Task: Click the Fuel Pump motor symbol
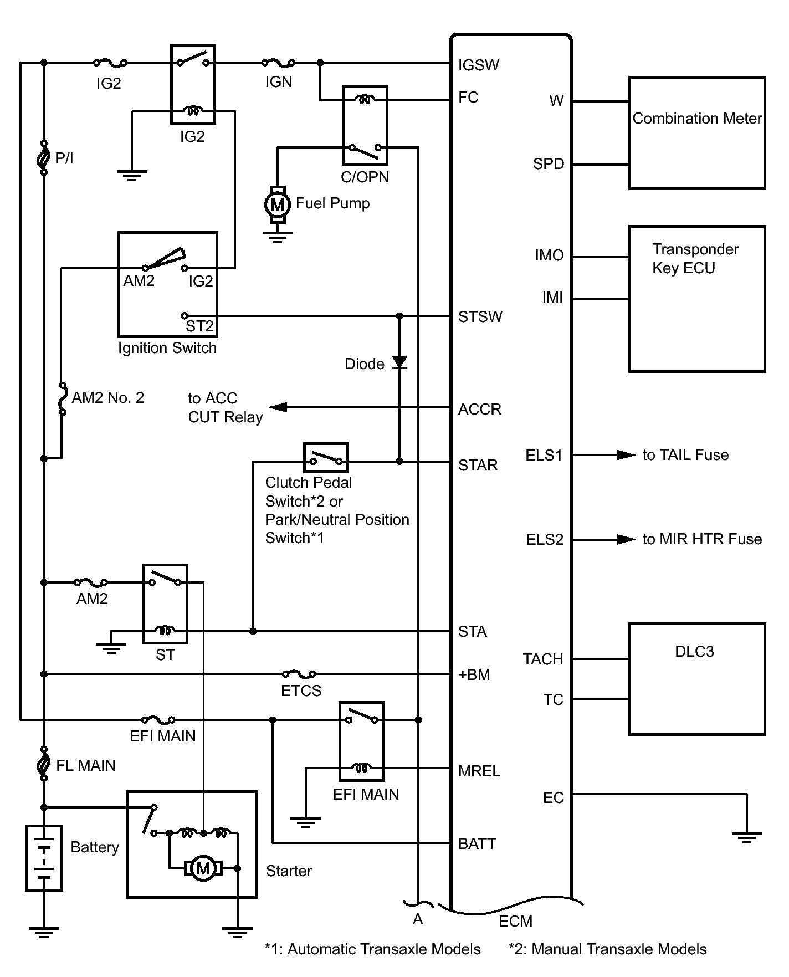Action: pyautogui.click(x=277, y=205)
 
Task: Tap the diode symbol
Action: pyautogui.click(x=399, y=363)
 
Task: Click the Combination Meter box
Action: pyautogui.click(x=697, y=133)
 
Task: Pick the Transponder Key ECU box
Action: pyautogui.click(x=697, y=298)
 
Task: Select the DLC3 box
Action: pyautogui.click(x=697, y=679)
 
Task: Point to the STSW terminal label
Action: pyautogui.click(x=480, y=317)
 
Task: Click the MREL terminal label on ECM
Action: pyautogui.click(x=479, y=771)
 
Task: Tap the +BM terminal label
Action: pyautogui.click(x=474, y=674)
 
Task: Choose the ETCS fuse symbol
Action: pyautogui.click(x=299, y=674)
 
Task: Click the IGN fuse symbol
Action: pyautogui.click(x=278, y=63)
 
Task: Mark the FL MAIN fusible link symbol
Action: pyautogui.click(x=44, y=765)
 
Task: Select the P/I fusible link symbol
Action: pyautogui.click(x=44, y=158)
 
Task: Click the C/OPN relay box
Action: pyautogui.click(x=365, y=125)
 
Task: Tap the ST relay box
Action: pyautogui.click(x=165, y=604)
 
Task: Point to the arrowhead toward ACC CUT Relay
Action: pyautogui.click(x=278, y=408)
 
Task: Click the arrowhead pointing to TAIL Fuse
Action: pyautogui.click(x=626, y=455)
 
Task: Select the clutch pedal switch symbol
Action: pyautogui.click(x=326, y=458)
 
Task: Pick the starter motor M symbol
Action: pyautogui.click(x=203, y=868)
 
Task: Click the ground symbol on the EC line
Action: pyautogui.click(x=746, y=836)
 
